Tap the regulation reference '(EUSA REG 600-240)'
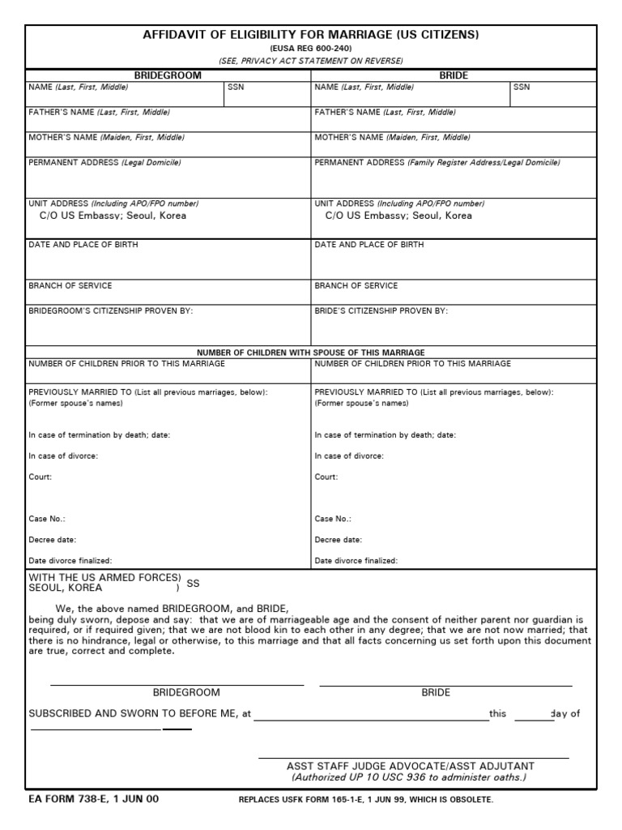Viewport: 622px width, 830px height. click(311, 49)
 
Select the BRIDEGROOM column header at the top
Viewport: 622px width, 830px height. click(168, 75)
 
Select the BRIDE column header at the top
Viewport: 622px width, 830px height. click(454, 75)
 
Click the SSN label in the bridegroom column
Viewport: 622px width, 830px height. click(236, 87)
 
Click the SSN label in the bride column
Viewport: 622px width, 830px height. click(522, 87)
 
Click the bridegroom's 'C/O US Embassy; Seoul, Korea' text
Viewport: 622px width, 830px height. click(113, 216)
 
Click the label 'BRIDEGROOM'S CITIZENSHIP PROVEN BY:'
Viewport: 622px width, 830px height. click(111, 310)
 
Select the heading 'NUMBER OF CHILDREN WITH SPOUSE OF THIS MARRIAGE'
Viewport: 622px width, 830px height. click(311, 353)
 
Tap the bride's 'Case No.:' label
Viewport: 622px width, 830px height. click(333, 519)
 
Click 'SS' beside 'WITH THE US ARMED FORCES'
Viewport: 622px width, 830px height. click(193, 583)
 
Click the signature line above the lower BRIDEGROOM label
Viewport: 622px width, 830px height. click(177, 685)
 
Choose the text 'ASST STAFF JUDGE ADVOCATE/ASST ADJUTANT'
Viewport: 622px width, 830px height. click(410, 766)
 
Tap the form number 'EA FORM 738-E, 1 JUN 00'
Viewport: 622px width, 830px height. click(94, 799)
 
